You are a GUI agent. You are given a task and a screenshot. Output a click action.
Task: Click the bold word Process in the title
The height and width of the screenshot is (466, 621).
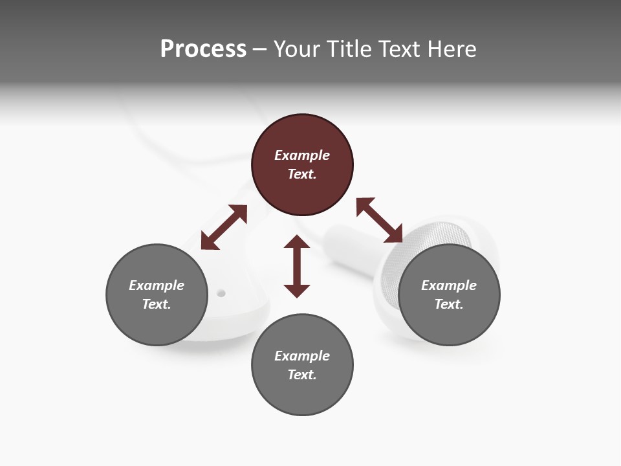pos(203,49)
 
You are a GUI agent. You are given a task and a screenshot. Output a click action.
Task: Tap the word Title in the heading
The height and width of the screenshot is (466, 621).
pos(347,49)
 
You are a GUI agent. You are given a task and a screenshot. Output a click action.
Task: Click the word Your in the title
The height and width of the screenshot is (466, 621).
pos(297,49)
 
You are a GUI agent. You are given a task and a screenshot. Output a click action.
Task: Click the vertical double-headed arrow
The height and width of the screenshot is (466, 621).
pos(297,266)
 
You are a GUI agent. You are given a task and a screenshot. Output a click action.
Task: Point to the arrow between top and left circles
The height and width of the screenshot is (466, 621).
pos(224,227)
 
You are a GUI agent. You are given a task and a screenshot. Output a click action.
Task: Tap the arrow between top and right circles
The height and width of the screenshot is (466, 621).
pos(380,220)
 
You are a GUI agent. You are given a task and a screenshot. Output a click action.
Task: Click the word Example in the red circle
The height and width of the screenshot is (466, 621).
pos(302,155)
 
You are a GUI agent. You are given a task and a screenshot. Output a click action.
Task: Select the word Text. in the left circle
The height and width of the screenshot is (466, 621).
pos(157,304)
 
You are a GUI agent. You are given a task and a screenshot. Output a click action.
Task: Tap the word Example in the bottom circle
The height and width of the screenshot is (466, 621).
pos(302,356)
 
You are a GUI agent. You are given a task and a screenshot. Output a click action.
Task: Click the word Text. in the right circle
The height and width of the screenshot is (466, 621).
pos(449,304)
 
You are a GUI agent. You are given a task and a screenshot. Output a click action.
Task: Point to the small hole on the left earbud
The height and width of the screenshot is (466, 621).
pos(221,293)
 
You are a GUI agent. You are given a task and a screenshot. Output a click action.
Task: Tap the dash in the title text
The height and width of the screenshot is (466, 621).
pos(260,49)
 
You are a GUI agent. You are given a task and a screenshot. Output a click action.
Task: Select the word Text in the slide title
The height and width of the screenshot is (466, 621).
pos(395,49)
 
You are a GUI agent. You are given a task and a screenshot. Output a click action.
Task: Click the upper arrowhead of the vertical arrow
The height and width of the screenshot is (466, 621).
pos(297,243)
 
